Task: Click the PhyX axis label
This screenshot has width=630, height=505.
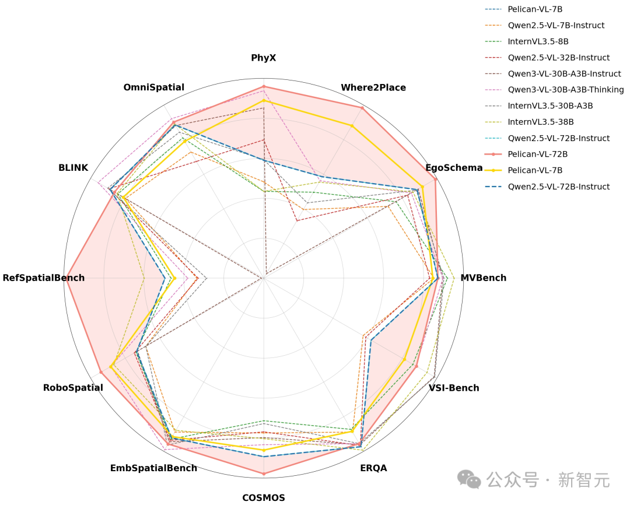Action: coord(264,58)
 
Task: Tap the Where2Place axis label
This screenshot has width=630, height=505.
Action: coord(373,87)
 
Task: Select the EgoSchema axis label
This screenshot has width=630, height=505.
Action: coord(454,168)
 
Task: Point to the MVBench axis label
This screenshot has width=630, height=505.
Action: coord(483,278)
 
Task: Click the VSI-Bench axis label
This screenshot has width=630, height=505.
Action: coord(454,388)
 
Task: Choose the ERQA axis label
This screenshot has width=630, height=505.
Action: coord(373,468)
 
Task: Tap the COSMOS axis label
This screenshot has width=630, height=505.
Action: coord(264,497)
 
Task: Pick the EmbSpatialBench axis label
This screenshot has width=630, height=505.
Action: coord(153,468)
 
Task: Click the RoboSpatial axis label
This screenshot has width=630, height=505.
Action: coord(73,388)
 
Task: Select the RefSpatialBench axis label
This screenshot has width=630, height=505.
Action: coord(44,278)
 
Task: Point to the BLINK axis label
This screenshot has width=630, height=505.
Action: coord(73,168)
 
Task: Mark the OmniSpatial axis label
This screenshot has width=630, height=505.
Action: coord(153,87)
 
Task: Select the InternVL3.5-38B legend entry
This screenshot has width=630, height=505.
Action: coord(541,122)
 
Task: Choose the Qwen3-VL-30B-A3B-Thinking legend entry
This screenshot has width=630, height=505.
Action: coord(566,90)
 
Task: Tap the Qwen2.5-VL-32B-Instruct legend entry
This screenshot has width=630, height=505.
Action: coord(558,58)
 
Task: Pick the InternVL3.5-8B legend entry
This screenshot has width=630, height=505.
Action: coord(538,41)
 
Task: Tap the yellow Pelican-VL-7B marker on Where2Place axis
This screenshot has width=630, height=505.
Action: coord(352,125)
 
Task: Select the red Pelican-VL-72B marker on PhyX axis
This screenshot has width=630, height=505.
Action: coord(264,86)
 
